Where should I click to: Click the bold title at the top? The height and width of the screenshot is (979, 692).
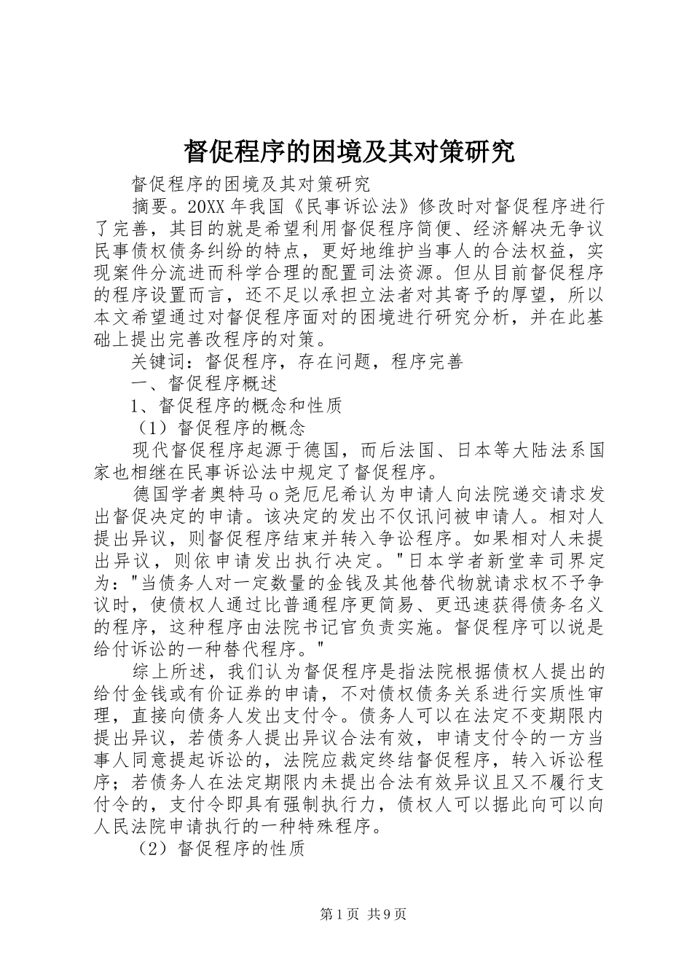(x=349, y=152)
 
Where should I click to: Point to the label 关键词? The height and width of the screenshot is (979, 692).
(x=158, y=362)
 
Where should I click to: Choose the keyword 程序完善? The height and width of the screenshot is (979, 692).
(x=427, y=362)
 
